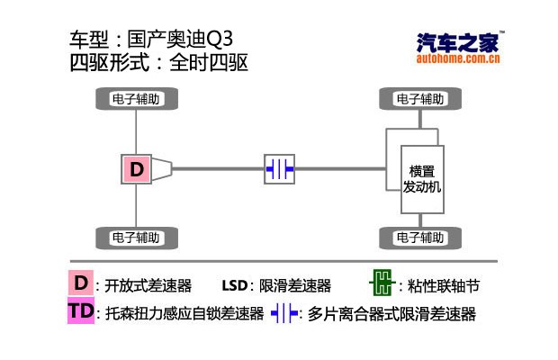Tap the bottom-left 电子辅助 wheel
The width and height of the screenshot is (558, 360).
pos(136,238)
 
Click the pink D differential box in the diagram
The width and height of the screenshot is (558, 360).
pos(137,168)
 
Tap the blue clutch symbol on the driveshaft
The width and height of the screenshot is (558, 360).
pos(279,168)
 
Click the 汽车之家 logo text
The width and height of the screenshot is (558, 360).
pos(459,42)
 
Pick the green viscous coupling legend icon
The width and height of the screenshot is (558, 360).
pos(382,285)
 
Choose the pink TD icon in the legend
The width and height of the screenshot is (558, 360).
pos(81,312)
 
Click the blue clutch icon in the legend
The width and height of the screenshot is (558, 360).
pos(283,314)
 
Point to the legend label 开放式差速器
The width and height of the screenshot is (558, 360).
pos(148,286)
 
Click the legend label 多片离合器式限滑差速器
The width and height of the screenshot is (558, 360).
pos(391,315)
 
